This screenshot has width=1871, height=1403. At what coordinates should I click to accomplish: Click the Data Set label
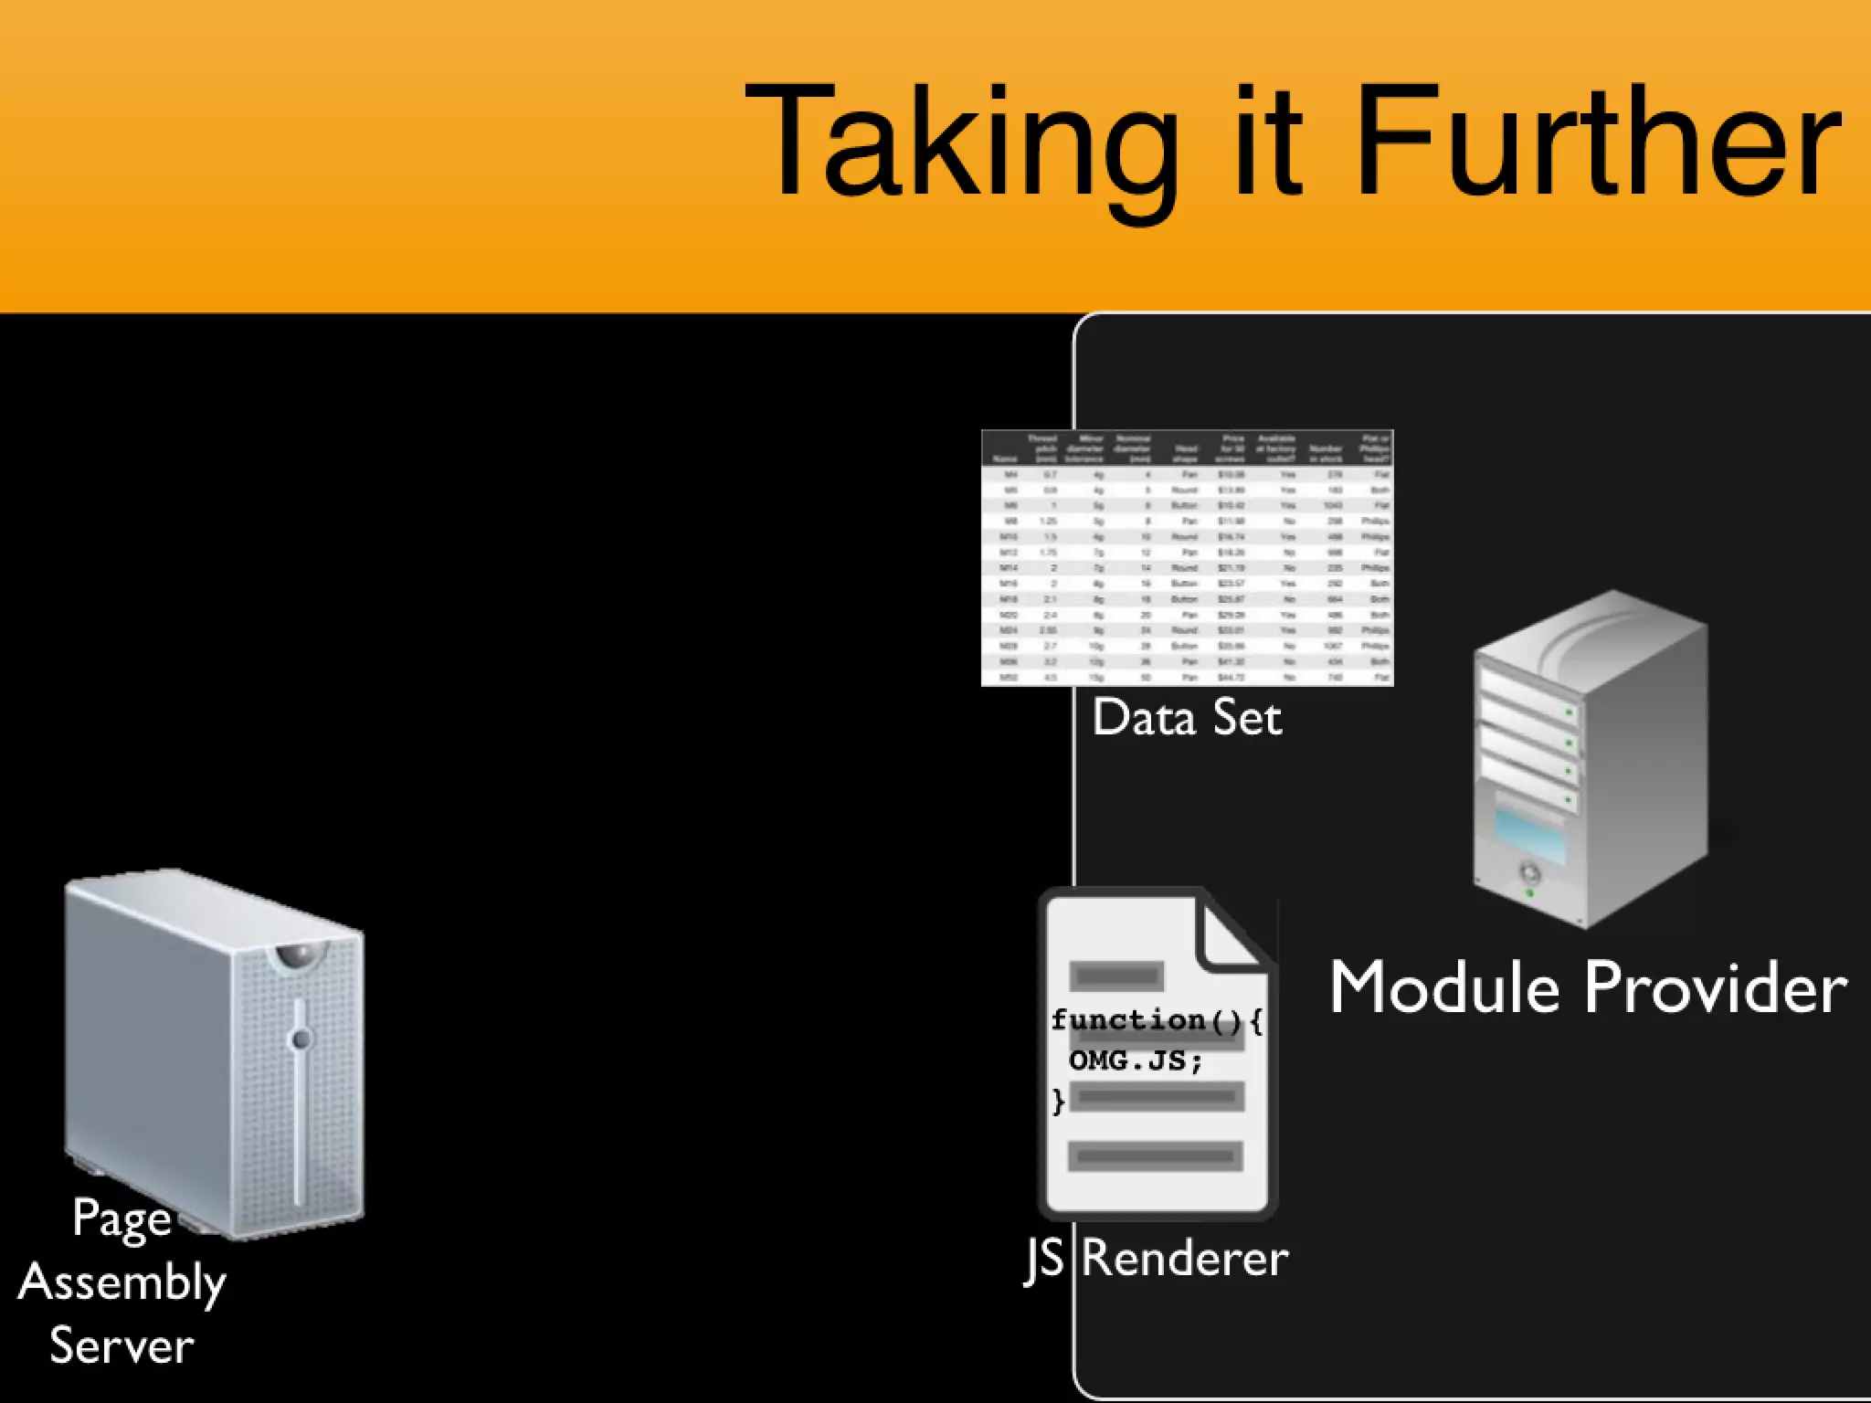[1187, 718]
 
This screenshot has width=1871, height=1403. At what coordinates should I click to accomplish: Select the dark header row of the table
[1187, 448]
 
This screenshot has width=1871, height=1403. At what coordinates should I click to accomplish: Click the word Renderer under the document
[1185, 1259]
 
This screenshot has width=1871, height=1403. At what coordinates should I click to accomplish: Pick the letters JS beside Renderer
[1044, 1259]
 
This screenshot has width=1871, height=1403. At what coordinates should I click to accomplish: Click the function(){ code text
[1157, 1020]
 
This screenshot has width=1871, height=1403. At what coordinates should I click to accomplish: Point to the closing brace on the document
[1059, 1101]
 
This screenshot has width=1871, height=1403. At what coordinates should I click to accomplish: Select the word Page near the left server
[122, 1218]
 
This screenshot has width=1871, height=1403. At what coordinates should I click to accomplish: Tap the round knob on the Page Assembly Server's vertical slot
[301, 1039]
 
